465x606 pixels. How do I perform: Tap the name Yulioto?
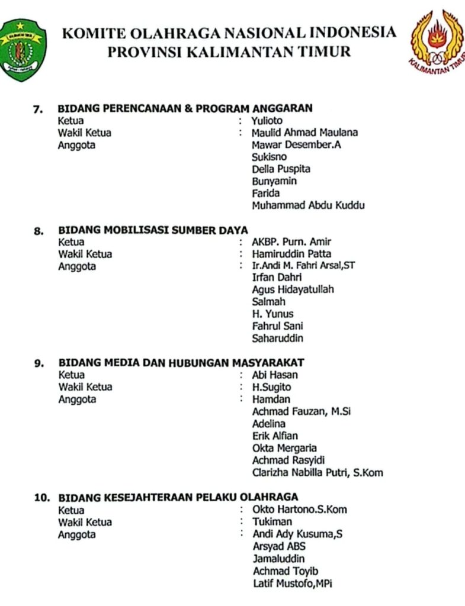click(267, 121)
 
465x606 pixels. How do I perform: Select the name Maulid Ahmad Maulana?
click(304, 133)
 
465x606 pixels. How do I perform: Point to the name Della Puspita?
click(281, 169)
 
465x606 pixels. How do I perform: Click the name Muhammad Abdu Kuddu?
click(308, 205)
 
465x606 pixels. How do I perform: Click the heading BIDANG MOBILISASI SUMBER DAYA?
click(153, 230)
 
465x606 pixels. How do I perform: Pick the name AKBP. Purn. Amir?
click(291, 241)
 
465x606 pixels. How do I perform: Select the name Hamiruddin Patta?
click(291, 254)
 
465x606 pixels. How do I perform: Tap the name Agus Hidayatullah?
click(293, 289)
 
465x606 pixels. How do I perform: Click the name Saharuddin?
click(278, 338)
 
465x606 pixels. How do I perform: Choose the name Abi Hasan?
click(275, 375)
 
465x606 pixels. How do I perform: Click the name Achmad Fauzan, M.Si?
click(302, 411)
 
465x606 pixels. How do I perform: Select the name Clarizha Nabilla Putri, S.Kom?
click(318, 472)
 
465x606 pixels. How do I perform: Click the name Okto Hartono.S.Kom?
click(300, 509)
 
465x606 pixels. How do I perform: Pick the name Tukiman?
click(272, 521)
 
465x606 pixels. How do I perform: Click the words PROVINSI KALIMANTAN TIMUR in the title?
click(229, 51)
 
